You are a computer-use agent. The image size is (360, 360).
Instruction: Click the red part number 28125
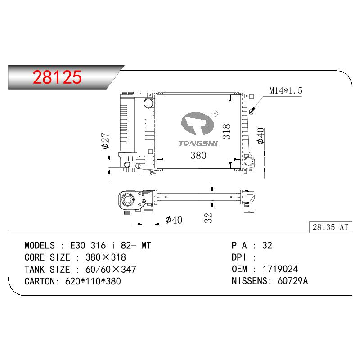coord(57,77)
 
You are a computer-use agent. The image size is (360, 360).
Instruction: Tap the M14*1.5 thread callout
coord(286,91)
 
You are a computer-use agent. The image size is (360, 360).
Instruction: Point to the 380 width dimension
coord(198,155)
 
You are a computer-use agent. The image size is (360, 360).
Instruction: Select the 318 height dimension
coord(227,131)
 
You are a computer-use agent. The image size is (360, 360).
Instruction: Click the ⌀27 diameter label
coord(106,140)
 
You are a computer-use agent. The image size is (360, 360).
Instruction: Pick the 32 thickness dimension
coord(208,218)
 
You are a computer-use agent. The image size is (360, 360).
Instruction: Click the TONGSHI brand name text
coord(198,144)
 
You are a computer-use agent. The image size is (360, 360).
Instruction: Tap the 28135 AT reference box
coord(330,227)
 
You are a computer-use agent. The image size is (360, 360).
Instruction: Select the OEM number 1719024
coord(280,269)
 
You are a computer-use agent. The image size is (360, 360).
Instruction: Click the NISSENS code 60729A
coord(292,281)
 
